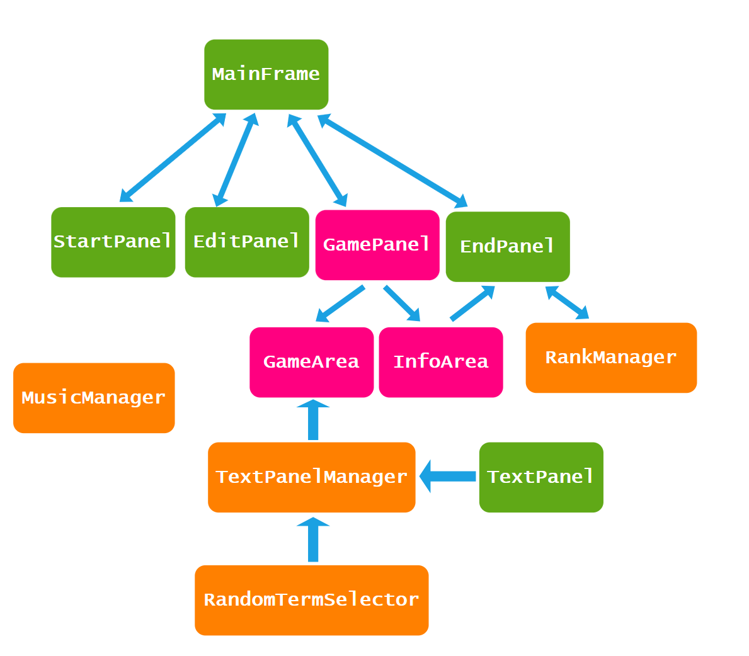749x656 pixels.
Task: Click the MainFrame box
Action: click(266, 74)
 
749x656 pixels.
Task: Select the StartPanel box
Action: click(113, 242)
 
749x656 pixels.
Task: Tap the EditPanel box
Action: click(247, 242)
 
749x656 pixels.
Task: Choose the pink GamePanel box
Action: click(377, 244)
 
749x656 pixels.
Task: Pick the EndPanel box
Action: click(508, 246)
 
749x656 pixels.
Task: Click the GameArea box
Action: click(311, 362)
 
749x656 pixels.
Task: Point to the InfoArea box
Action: click(441, 362)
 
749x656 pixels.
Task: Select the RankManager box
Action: click(611, 358)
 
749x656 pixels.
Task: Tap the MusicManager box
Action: click(94, 398)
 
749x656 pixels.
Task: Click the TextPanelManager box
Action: click(311, 477)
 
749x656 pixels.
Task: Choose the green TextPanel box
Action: click(541, 477)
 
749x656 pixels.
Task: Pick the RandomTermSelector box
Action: click(311, 600)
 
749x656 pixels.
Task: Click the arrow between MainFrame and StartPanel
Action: click(173, 158)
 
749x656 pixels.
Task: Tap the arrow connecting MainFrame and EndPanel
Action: click(392, 161)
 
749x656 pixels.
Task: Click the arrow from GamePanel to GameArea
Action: click(341, 303)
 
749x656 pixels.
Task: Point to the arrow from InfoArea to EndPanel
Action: click(472, 303)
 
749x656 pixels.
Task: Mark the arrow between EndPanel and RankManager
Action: click(567, 303)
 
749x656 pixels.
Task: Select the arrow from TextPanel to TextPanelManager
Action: click(448, 476)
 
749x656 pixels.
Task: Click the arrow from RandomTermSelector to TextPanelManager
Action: click(313, 540)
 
